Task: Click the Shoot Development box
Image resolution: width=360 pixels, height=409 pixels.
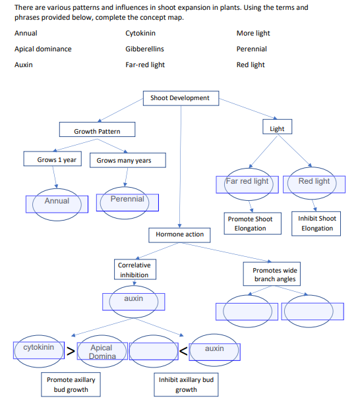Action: tap(180, 98)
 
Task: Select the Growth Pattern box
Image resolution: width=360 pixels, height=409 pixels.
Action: tap(97, 130)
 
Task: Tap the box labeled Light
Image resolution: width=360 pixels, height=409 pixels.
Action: tap(277, 128)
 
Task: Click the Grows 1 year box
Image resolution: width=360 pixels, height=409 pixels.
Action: tap(56, 159)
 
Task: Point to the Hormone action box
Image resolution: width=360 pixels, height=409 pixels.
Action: tap(179, 234)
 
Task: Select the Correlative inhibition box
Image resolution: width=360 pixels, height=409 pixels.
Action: tap(134, 270)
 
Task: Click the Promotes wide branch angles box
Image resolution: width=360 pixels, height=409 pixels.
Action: tap(275, 275)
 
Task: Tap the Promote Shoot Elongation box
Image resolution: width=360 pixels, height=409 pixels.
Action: tap(250, 223)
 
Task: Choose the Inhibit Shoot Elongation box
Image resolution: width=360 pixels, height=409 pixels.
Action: tap(317, 223)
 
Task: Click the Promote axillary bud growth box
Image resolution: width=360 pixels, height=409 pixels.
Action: tap(71, 385)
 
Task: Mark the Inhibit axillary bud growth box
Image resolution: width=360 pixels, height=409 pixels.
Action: tap(186, 385)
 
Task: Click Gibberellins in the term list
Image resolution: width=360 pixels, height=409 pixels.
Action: tap(144, 49)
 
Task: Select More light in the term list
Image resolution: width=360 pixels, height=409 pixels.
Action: tap(253, 33)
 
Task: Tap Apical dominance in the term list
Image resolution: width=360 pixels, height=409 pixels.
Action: tap(43, 49)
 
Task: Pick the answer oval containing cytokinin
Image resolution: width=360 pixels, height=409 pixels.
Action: tap(39, 347)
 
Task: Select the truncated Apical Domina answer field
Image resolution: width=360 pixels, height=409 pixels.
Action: tap(102, 352)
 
